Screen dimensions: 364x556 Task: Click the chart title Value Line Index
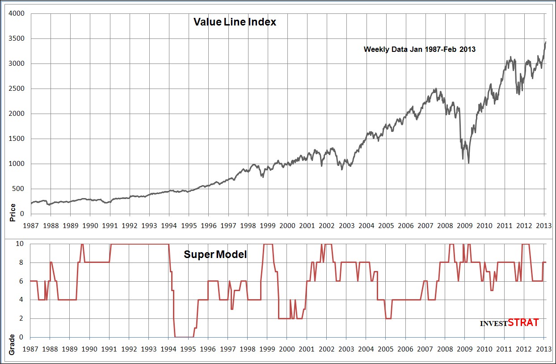(x=235, y=22)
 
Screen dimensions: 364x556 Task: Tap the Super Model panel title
(x=215, y=255)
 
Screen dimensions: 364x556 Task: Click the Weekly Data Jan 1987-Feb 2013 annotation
(x=419, y=49)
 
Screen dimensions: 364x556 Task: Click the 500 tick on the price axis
(x=21, y=189)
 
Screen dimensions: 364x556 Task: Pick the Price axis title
(x=13, y=213)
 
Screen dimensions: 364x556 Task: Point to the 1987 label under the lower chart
(x=30, y=348)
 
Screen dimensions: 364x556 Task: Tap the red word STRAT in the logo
(x=523, y=322)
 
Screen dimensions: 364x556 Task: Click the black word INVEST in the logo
(x=493, y=324)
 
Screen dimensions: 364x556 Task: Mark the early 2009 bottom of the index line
(x=468, y=163)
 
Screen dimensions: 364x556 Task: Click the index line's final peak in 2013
(x=545, y=42)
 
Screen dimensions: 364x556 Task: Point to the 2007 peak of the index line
(x=436, y=89)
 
